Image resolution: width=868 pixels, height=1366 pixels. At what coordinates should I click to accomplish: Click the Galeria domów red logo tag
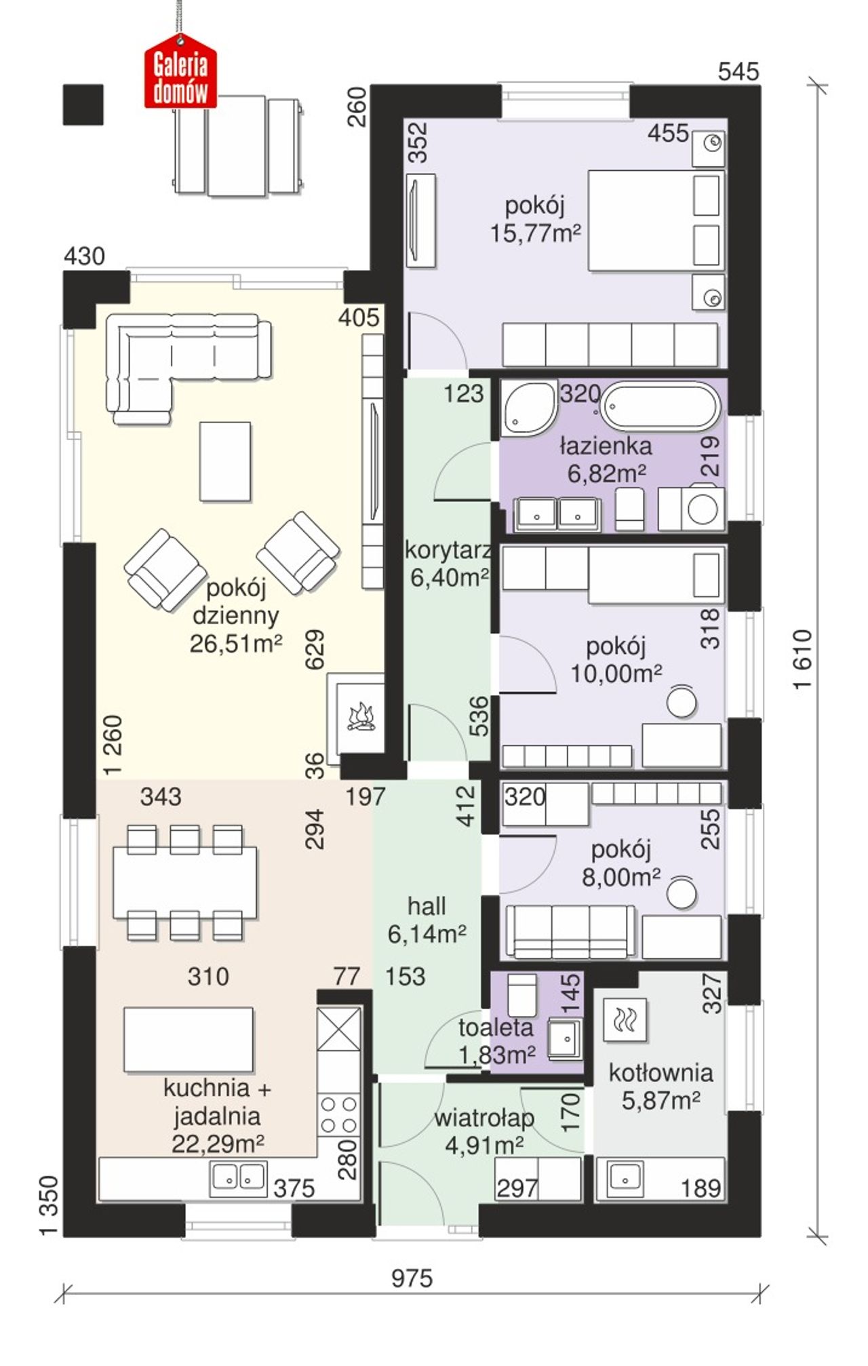[180, 76]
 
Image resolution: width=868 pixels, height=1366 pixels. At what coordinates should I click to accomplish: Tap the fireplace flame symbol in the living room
[361, 718]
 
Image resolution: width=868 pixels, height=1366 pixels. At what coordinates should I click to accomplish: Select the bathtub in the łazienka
[660, 407]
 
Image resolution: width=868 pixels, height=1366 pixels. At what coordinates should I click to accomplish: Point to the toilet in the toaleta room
[522, 996]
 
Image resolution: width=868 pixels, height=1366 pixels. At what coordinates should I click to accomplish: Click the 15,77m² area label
[536, 234]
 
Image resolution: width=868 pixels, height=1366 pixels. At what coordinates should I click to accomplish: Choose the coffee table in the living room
[225, 461]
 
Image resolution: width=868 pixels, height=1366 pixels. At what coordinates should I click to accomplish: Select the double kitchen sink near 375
[238, 1177]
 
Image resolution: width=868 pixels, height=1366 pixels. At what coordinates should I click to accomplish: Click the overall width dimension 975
[412, 1279]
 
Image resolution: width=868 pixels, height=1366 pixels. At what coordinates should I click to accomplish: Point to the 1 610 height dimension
[803, 659]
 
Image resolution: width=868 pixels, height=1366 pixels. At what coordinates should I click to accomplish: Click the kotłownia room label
[660, 1073]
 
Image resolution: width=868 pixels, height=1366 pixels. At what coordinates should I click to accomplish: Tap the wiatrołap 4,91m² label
[484, 1131]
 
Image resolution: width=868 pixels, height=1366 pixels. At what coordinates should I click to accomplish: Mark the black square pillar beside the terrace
[83, 104]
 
